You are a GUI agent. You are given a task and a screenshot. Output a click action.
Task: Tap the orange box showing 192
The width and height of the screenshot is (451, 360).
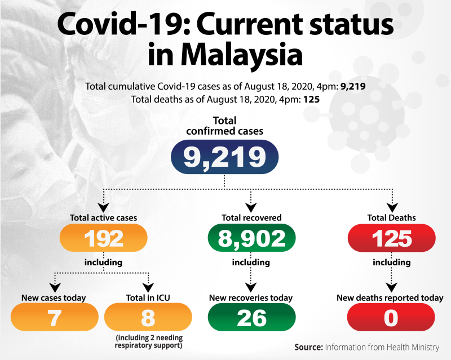pos(104,238)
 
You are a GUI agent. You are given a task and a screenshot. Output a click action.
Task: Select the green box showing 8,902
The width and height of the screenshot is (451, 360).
pos(251,238)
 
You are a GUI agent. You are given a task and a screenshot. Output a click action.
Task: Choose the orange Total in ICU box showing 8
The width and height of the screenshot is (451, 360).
pos(148,318)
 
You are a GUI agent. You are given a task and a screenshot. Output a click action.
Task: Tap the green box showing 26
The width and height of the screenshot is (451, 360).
pos(251,318)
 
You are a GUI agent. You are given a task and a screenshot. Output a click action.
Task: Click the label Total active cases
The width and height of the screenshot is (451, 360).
pos(103,217)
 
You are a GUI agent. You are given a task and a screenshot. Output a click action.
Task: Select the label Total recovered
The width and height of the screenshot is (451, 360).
pos(251,217)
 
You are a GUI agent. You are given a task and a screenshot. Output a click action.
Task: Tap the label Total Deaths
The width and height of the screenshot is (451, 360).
pos(391,217)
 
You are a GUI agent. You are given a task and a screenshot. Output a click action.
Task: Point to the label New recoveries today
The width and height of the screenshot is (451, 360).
pos(251,297)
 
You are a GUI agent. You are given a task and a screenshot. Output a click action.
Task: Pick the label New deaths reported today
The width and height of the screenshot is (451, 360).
pos(390,297)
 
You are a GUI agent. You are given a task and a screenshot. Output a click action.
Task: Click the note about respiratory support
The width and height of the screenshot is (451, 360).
pos(149,341)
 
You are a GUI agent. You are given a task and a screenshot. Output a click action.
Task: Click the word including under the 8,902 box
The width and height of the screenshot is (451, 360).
pos(251,262)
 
